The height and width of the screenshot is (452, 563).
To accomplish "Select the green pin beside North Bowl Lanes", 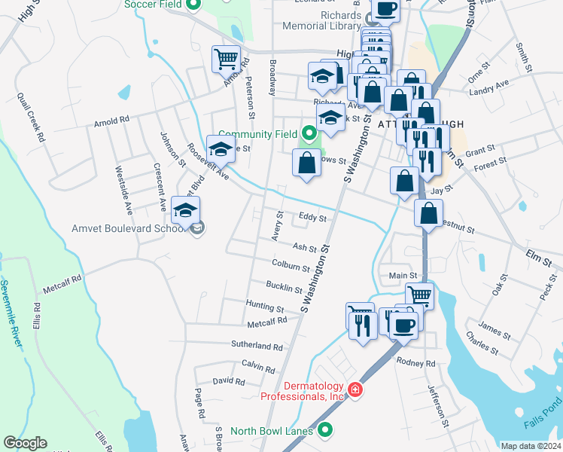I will pyautogui.click(x=325, y=430).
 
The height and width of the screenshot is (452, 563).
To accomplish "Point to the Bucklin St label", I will pyautogui.click(x=285, y=286).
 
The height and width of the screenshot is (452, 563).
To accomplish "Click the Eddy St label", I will pyautogui.click(x=312, y=218).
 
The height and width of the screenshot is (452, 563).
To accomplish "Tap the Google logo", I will pyautogui.click(x=25, y=443).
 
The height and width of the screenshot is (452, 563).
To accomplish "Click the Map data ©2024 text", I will pyautogui.click(x=530, y=446).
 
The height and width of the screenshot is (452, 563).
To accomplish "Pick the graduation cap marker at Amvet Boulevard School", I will pyautogui.click(x=185, y=212).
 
